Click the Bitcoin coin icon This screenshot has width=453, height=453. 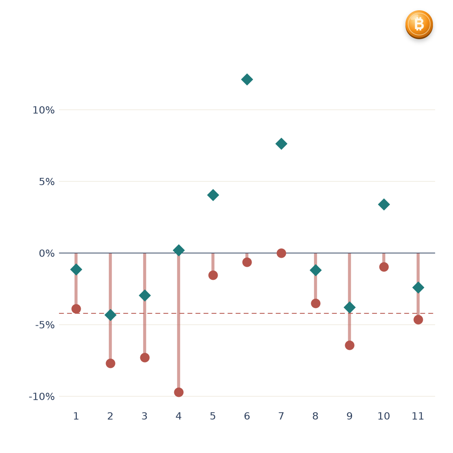point(419,25)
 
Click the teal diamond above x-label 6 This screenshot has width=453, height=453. point(247,79)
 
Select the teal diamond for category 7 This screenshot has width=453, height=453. point(281,144)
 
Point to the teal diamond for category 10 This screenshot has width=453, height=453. point(384,204)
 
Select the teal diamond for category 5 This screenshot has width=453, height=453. point(213,195)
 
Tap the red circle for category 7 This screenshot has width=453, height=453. point(281,253)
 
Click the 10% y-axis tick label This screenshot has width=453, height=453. point(43,110)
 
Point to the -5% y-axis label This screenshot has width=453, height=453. point(45,325)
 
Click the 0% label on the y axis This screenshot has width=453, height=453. point(47,253)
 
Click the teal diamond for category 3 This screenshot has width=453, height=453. point(145,295)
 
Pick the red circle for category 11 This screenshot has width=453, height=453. point(418,320)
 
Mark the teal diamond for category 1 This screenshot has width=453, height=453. point(76,270)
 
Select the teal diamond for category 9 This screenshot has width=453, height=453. point(349,307)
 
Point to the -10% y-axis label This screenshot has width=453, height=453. point(42,397)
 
